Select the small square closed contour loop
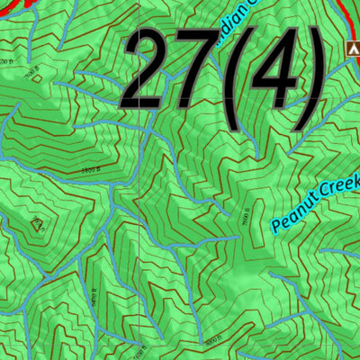(37, 77)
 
